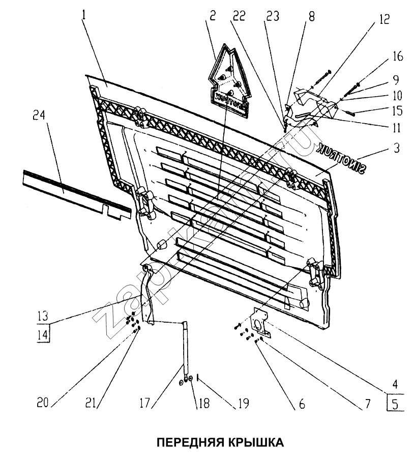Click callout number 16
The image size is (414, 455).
pyautogui.click(x=398, y=56)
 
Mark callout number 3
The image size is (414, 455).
pyautogui.click(x=397, y=149)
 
